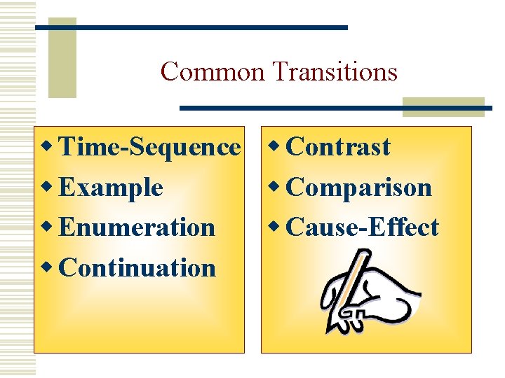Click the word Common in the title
(213, 71)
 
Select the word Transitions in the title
(335, 71)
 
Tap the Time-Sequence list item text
(149, 147)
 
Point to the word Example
(112, 188)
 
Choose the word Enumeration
(137, 227)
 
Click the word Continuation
(138, 267)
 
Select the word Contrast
(339, 147)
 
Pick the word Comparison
(359, 188)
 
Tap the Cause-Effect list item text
(363, 227)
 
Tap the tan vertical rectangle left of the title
(62, 57)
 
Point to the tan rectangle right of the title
(443, 106)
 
